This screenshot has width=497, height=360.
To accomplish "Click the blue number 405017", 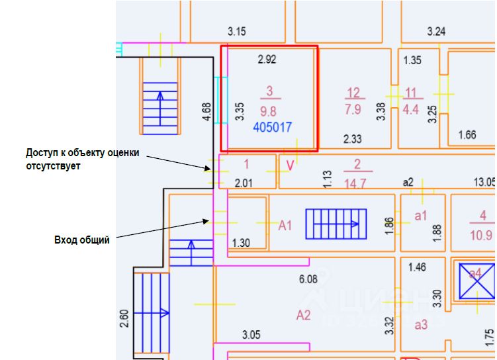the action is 273,126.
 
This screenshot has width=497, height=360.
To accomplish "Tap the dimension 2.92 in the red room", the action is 267,59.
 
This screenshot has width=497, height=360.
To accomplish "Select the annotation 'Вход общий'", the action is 81,240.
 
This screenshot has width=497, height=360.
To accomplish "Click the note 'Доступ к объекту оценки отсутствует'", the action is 83,159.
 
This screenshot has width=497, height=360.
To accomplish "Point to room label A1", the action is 285,226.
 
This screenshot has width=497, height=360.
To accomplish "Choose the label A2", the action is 303,315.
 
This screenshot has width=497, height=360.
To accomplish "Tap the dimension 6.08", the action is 308,279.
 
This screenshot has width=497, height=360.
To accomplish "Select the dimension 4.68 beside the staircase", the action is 206,111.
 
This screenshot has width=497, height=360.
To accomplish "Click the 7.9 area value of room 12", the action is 353,110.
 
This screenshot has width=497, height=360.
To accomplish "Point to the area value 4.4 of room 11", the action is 411,110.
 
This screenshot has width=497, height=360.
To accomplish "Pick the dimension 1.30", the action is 241,243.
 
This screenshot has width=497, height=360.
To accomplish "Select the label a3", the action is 421,324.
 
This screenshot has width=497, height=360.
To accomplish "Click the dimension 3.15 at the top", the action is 236,31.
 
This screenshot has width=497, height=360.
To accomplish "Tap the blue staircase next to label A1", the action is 336,224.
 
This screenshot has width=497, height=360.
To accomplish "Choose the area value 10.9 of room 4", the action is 482,235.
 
